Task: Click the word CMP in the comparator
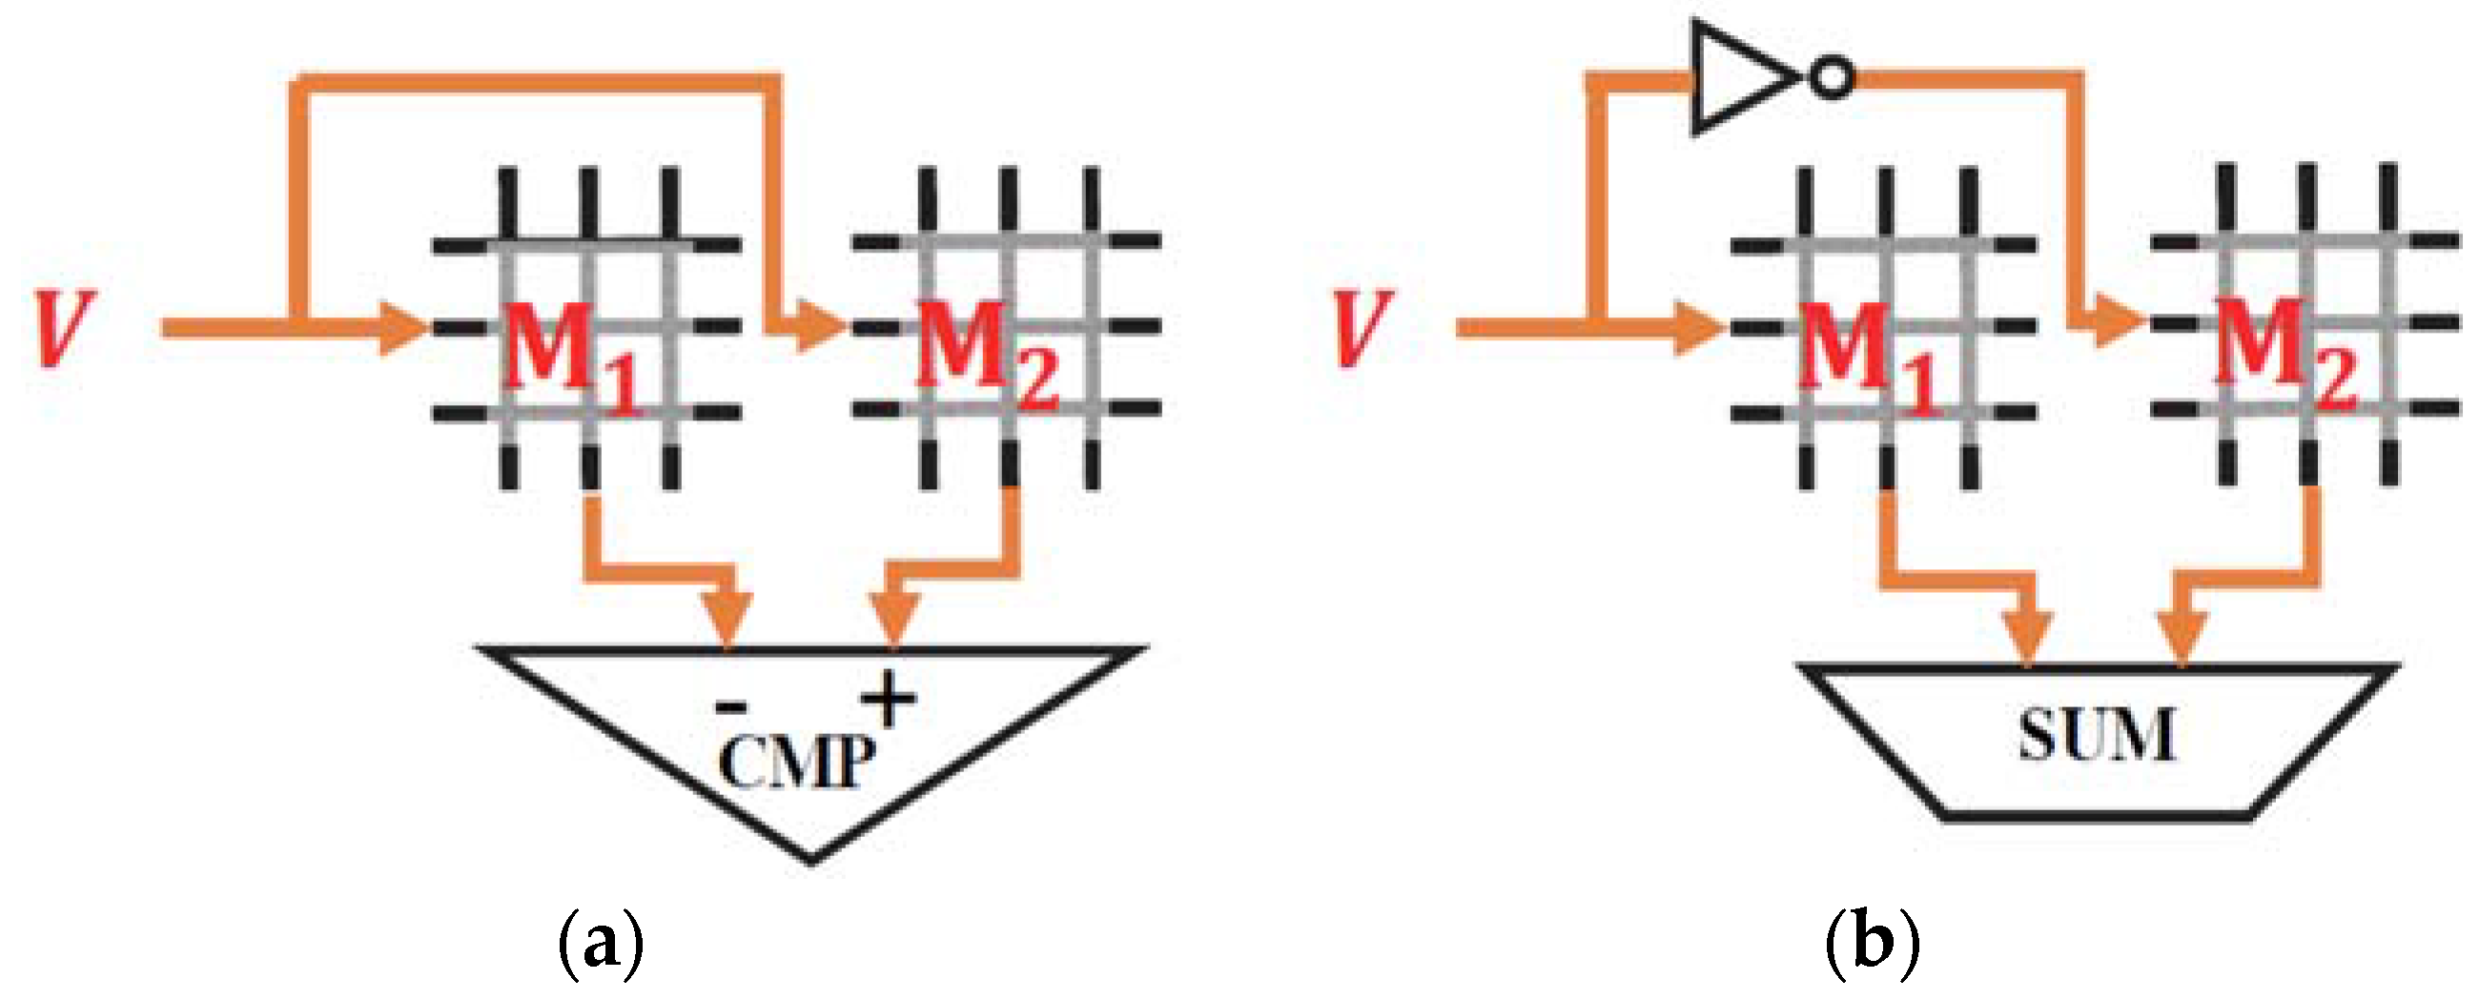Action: [x=797, y=764]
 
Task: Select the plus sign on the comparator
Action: [x=889, y=699]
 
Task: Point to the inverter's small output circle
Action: [x=1832, y=78]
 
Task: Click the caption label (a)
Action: [x=601, y=946]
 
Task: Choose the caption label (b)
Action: [x=1872, y=946]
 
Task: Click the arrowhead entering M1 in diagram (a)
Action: [x=404, y=329]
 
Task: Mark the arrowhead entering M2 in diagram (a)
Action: [x=821, y=329]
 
